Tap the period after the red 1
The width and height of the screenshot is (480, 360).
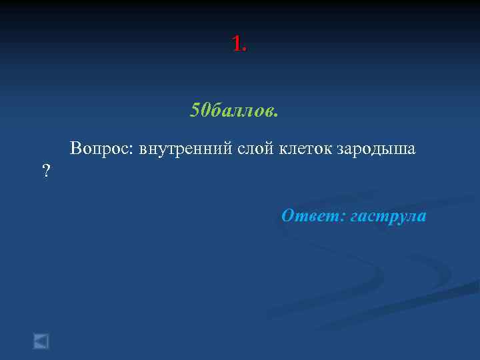tap(245, 51)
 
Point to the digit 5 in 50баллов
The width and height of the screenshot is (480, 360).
tap(195, 109)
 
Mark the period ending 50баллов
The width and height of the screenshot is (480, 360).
tap(276, 115)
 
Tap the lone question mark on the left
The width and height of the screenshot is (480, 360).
tap(46, 171)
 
